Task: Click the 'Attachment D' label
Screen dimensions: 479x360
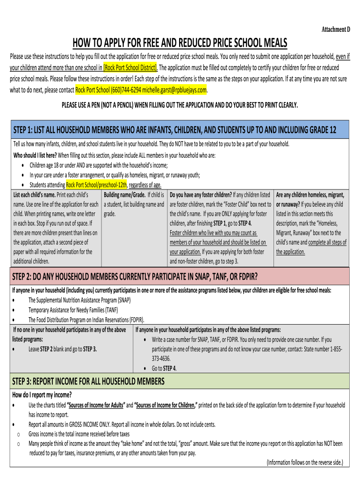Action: [336, 29]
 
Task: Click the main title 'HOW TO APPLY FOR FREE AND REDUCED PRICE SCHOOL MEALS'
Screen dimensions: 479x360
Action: [180, 43]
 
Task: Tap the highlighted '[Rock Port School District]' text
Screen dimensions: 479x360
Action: [130, 67]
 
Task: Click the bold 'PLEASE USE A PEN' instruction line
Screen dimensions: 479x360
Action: [180, 105]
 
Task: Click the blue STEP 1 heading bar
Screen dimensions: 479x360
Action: [180, 130]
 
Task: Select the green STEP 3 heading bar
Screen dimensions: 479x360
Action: [180, 380]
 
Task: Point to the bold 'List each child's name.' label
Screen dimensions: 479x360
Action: [35, 195]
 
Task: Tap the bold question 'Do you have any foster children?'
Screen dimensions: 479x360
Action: [201, 195]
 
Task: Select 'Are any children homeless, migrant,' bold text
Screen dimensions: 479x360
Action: [310, 195]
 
